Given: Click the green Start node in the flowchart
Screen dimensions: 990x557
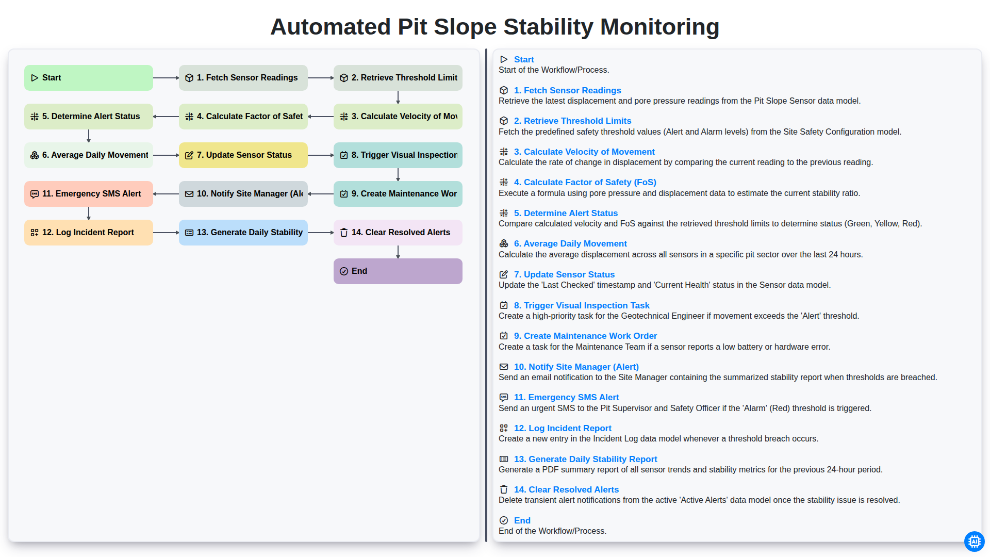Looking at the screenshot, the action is tap(89, 78).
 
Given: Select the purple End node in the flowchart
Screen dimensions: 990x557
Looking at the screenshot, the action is tap(398, 271).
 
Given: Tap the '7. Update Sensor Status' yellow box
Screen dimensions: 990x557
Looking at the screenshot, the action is tap(243, 155).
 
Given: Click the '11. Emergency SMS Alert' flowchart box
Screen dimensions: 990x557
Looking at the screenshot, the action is tap(89, 194).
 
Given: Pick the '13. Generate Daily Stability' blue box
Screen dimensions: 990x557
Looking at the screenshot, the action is tap(243, 233).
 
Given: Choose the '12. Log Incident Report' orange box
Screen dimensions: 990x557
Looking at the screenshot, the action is tap(89, 233).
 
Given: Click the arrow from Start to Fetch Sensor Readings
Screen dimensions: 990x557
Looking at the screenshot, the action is tap(166, 78).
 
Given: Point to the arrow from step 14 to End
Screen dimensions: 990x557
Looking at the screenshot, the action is tap(398, 252).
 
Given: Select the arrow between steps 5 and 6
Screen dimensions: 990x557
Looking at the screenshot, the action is tap(89, 136).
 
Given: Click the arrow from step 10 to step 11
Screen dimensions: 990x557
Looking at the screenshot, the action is tap(166, 194).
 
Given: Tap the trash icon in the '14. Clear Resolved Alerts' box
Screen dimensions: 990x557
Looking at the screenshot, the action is tap(344, 233).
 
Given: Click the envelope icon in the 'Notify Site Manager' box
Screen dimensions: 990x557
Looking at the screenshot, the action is tap(189, 194).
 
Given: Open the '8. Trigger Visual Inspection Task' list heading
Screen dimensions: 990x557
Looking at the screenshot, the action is tap(582, 305).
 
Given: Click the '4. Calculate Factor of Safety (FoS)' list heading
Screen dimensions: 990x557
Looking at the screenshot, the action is tap(585, 182).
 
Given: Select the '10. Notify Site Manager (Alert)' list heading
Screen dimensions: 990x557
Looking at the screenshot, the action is tap(576, 367).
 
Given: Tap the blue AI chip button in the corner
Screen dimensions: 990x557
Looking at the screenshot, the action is tap(974, 541).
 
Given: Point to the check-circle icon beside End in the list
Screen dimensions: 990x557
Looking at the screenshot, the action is tap(504, 520).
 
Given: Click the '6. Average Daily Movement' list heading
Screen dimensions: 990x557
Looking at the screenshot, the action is tap(570, 243).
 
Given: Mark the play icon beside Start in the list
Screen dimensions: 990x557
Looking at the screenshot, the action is tap(504, 59).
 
